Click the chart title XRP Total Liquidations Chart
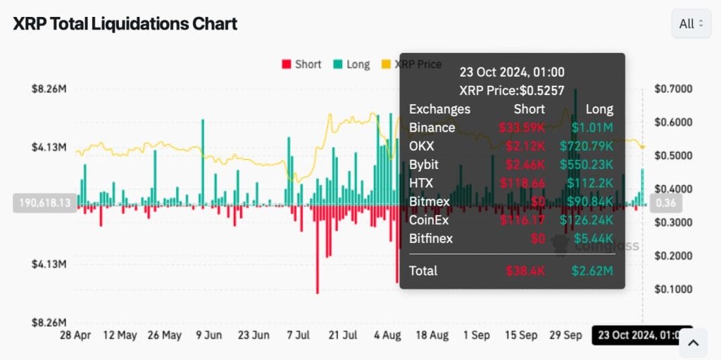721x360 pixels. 125,23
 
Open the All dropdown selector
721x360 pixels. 690,23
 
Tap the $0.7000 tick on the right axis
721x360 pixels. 672,89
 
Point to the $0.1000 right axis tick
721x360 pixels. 672,289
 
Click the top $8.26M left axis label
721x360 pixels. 49,89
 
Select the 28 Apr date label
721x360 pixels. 75,335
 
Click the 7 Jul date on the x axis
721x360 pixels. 299,335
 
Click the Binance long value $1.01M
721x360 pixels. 591,128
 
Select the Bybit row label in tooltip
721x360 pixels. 424,164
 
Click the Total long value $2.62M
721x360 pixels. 591,271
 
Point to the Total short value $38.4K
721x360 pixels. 525,271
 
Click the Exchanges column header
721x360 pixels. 439,109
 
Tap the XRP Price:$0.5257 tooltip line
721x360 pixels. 512,90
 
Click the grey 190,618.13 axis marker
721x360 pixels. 44,203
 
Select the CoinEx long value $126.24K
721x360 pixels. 587,220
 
